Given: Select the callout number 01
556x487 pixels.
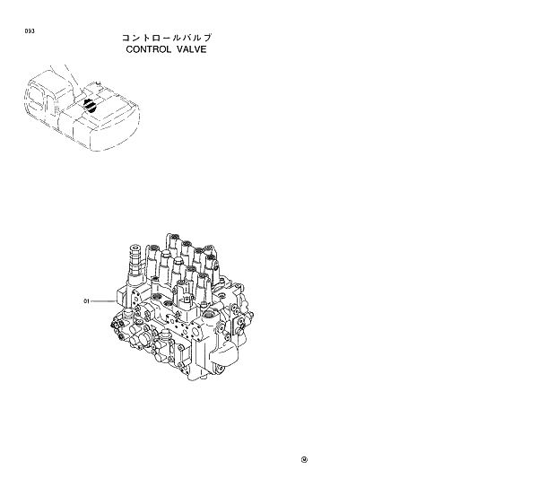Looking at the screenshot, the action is (87, 301).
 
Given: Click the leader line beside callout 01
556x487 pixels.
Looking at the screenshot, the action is (103, 301).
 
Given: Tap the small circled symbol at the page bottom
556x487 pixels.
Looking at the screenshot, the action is (305, 461).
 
